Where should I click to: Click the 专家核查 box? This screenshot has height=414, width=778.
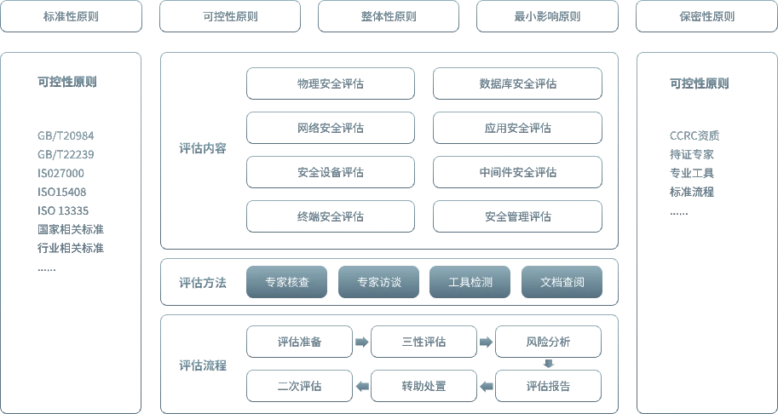(x=286, y=283)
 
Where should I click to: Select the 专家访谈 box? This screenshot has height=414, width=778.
(x=378, y=283)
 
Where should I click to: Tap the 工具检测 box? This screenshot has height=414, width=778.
(x=470, y=283)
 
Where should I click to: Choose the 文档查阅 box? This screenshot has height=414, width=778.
(x=562, y=283)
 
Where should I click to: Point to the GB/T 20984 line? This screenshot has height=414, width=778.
(x=65, y=136)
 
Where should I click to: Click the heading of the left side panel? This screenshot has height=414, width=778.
(x=71, y=82)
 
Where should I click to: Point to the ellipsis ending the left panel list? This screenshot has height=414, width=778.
(x=48, y=268)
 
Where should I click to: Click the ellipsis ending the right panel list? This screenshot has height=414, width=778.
(x=678, y=215)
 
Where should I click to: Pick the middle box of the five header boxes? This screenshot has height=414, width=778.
(x=388, y=16)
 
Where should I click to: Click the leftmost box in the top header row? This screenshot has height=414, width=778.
(x=72, y=16)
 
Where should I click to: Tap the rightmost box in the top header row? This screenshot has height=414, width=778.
(x=705, y=16)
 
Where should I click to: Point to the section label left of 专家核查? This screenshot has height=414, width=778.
(x=203, y=283)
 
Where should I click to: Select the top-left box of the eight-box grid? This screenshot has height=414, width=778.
(x=331, y=82)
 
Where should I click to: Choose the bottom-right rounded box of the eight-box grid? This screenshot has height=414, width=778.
(x=518, y=216)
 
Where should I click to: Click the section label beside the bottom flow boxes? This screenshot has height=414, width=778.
(x=203, y=365)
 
